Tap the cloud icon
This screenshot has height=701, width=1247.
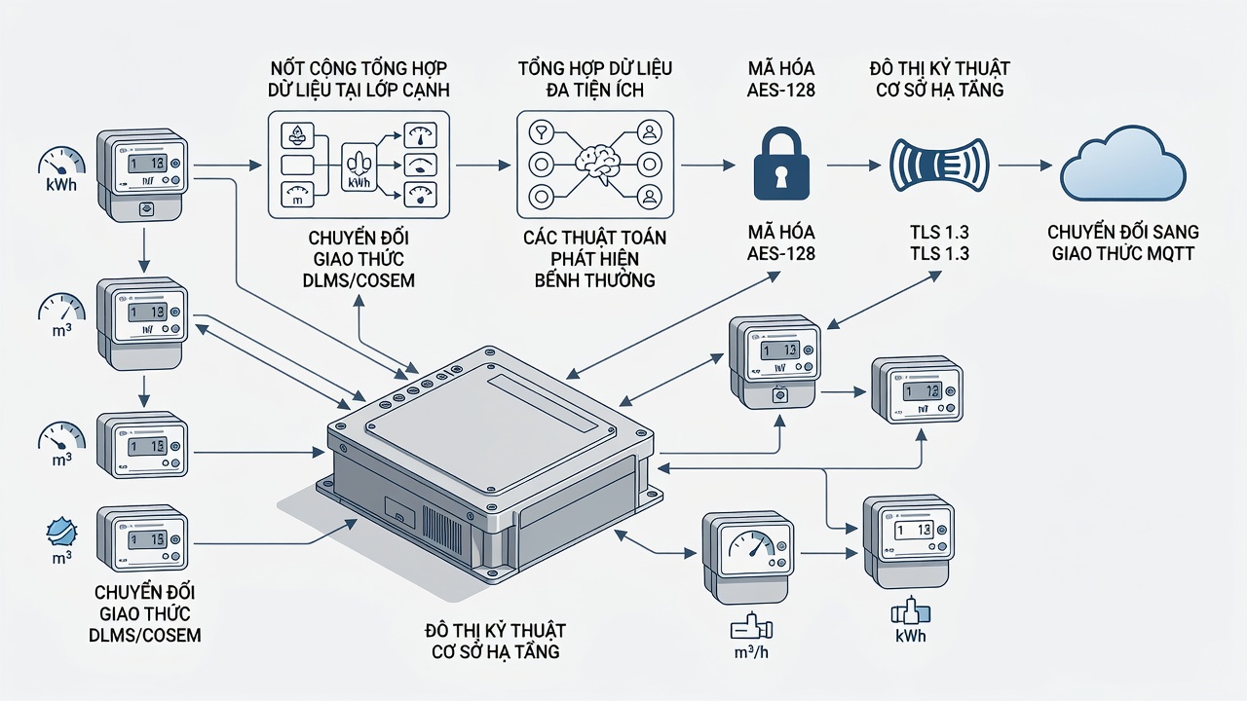(1123, 164)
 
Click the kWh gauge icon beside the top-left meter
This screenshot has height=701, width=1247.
(61, 161)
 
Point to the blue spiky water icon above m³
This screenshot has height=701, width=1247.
(61, 533)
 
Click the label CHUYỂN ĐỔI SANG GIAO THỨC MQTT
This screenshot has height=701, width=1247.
(1123, 242)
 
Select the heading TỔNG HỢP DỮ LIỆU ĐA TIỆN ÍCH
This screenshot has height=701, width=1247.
(595, 79)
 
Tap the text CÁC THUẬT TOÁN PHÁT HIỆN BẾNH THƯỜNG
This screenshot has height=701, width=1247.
(594, 259)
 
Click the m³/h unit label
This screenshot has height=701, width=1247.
(751, 651)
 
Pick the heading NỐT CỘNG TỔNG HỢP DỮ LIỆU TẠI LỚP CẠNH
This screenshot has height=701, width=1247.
(359, 79)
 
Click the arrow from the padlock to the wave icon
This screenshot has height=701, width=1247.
(853, 166)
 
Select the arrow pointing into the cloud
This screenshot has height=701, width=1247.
(1025, 166)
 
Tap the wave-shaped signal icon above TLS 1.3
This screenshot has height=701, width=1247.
(940, 166)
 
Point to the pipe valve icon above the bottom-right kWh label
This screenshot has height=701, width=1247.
(911, 611)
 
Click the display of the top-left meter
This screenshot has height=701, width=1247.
(146, 163)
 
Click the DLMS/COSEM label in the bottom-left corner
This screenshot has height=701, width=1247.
(145, 635)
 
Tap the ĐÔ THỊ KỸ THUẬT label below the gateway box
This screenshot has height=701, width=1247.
(495, 630)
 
